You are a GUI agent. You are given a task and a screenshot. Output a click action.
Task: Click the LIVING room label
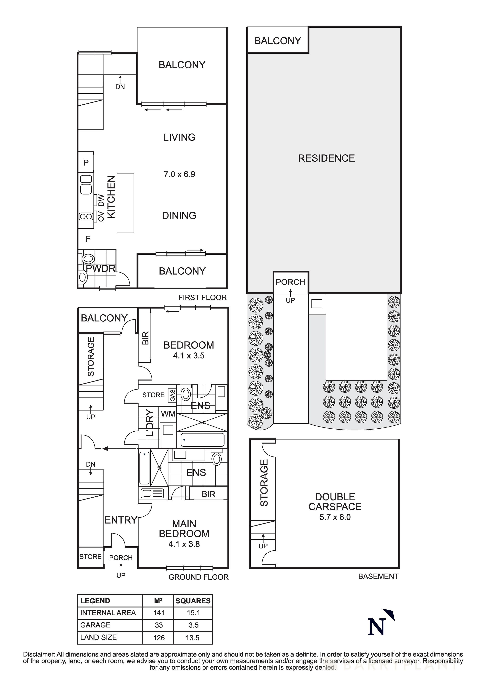(x=179, y=137)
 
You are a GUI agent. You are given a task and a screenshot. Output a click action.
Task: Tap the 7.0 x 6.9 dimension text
(x=179, y=174)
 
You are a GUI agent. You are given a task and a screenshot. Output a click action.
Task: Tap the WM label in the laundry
(x=168, y=414)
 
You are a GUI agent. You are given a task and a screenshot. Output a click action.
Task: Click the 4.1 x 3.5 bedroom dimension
(x=189, y=356)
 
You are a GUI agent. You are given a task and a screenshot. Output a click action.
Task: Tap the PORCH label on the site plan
(x=290, y=282)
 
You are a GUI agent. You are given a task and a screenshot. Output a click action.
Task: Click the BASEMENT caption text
(x=378, y=576)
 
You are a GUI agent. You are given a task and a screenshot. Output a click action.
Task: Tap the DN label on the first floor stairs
(x=120, y=87)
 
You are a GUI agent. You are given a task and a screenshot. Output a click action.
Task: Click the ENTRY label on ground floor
(x=121, y=520)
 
